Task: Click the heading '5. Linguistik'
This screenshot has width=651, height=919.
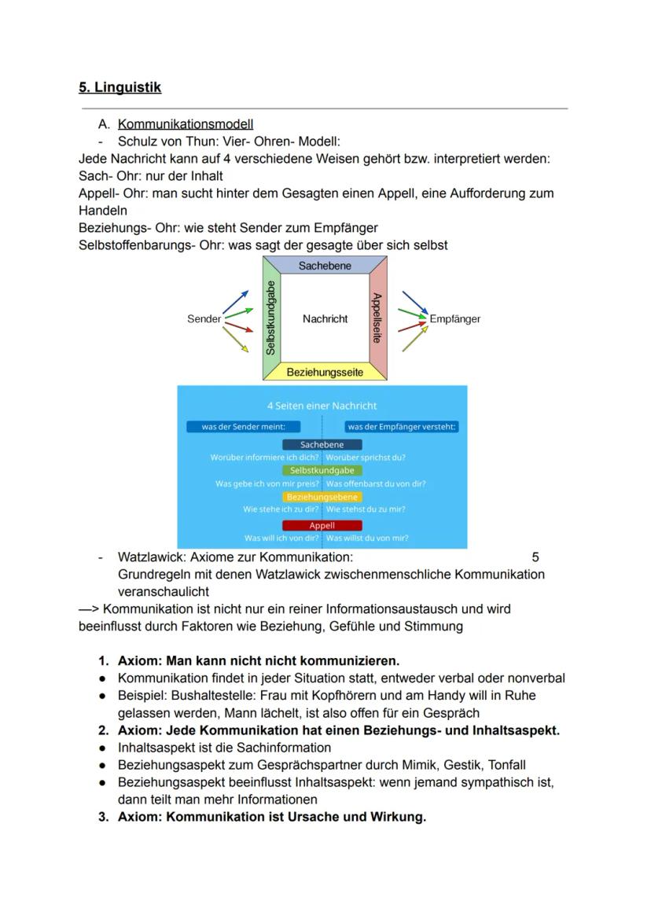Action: (x=120, y=86)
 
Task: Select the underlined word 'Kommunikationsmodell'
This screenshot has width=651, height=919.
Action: (x=185, y=124)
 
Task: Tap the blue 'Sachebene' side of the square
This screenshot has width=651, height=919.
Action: (x=325, y=266)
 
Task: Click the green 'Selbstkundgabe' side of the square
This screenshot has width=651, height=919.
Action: (x=271, y=318)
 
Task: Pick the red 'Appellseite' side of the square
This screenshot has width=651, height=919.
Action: (x=377, y=318)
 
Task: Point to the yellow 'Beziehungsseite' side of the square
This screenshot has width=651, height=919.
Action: (x=325, y=371)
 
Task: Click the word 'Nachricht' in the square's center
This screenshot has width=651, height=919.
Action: (x=325, y=318)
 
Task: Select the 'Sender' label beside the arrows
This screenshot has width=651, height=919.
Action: (x=204, y=318)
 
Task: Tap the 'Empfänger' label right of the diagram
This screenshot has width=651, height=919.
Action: (x=454, y=318)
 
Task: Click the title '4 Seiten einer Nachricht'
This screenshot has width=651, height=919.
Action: (x=322, y=406)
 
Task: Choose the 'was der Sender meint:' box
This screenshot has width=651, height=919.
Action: (x=244, y=427)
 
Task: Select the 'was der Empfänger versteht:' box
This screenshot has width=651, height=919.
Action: (x=402, y=427)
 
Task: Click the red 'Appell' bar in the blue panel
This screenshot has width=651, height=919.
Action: (x=322, y=525)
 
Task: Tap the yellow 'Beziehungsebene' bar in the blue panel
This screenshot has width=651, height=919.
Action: (x=322, y=497)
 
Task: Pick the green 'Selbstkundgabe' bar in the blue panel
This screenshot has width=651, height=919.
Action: (x=322, y=470)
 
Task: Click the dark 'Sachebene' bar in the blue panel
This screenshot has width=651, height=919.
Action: (x=322, y=444)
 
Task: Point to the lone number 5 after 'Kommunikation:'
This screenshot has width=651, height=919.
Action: (x=535, y=557)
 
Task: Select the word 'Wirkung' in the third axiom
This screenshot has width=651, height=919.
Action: (x=399, y=817)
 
